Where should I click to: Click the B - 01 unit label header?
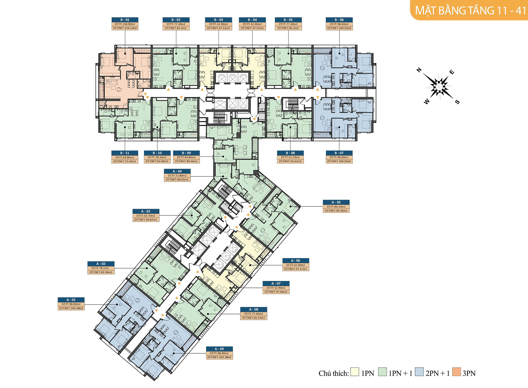click(x=125, y=20)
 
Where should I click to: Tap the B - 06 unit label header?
click(x=339, y=20)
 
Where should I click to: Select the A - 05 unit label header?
click(x=336, y=202)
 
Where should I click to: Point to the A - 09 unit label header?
click(x=219, y=349)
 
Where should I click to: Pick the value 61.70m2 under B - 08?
click(x=294, y=157)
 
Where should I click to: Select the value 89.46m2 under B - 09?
click(x=190, y=161)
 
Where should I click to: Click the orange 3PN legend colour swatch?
click(x=457, y=372)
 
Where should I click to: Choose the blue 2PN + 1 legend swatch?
click(x=419, y=372)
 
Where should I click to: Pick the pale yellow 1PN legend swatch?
click(x=355, y=372)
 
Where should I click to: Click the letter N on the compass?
click(x=419, y=70)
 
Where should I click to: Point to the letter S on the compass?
click(x=457, y=102)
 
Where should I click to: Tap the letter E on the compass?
click(x=452, y=72)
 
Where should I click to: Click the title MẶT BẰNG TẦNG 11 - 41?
click(x=471, y=11)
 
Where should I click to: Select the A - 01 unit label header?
click(x=71, y=300)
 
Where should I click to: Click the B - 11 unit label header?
click(x=125, y=153)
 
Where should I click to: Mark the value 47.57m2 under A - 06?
click(x=299, y=269)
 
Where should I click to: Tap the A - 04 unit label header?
click(x=177, y=171)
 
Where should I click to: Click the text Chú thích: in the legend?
click(x=334, y=373)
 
